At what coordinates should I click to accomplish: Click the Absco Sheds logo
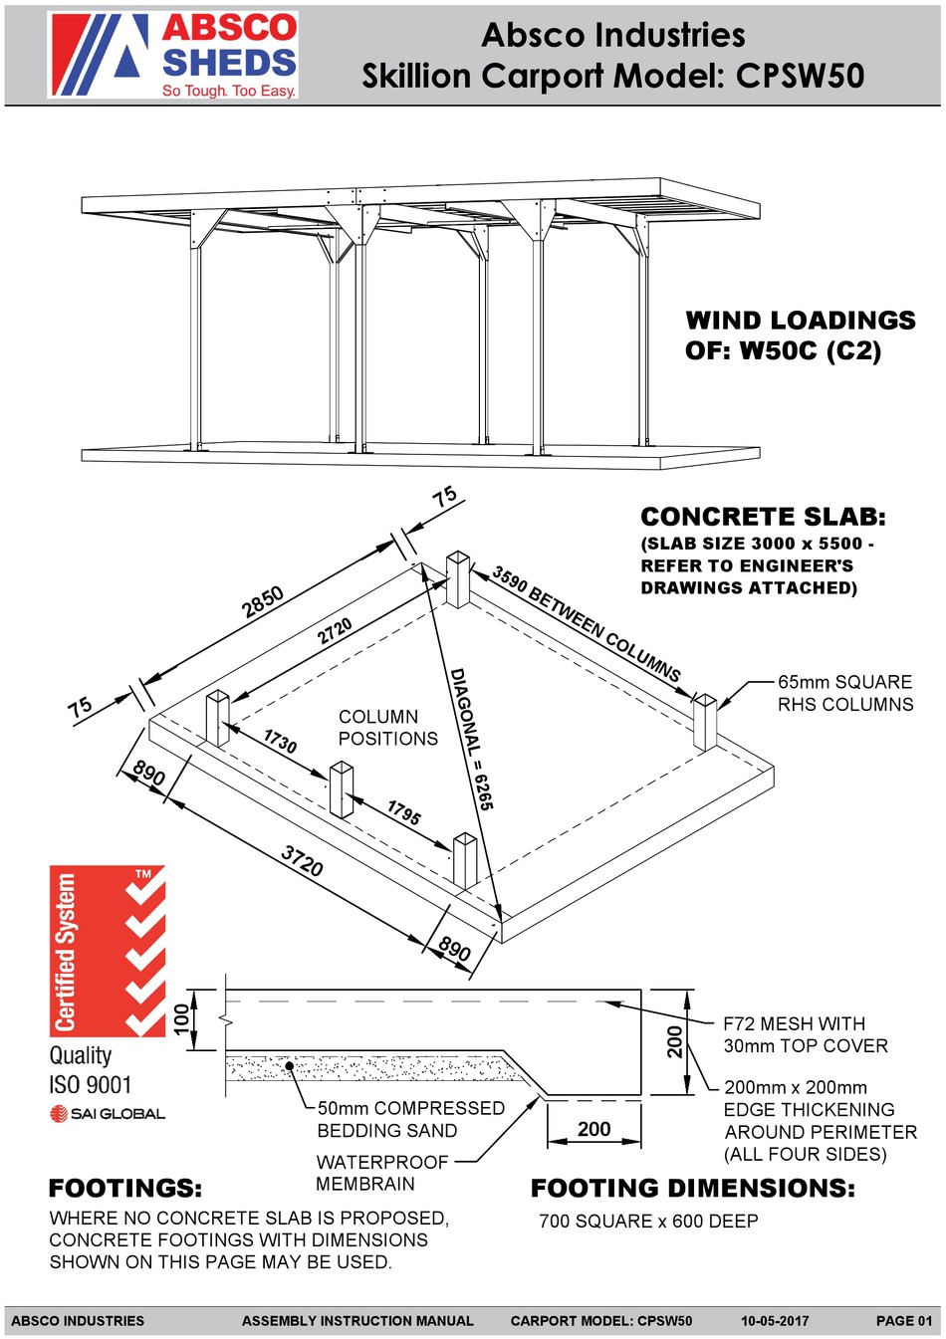point(173,55)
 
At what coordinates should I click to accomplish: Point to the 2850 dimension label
point(264,602)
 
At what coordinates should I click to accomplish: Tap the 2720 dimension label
point(335,631)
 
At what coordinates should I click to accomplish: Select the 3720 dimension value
point(302,860)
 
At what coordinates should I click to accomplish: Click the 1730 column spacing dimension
point(280,741)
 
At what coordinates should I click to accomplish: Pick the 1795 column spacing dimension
point(403,812)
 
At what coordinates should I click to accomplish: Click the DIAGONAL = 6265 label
point(471,738)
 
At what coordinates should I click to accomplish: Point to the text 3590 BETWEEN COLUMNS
point(587,623)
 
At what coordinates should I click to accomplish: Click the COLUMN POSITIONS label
point(387,728)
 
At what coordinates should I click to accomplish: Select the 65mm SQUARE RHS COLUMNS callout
point(844,693)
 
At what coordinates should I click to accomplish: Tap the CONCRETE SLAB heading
point(762,517)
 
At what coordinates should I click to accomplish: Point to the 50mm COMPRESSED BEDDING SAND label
point(410,1119)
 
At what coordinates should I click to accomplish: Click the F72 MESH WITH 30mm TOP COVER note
point(805,1034)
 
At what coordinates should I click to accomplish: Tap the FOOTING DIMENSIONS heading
point(692,1188)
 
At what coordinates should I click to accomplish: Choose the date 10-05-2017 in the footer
point(774,1321)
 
